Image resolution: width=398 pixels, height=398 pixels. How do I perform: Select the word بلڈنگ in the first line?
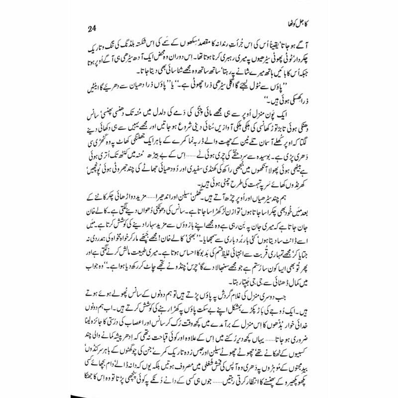[116, 54]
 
